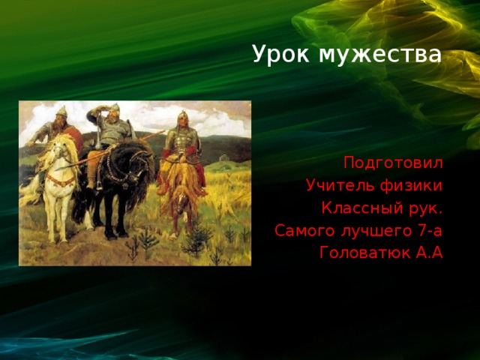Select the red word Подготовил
393,163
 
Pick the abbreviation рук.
424,208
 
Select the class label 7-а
427,230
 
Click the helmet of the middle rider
115,109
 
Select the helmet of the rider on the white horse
61,111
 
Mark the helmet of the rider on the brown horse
181,116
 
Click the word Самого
301,230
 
